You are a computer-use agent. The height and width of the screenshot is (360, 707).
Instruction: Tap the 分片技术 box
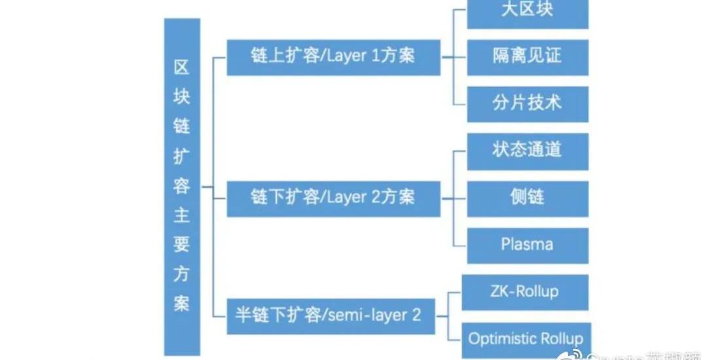527,103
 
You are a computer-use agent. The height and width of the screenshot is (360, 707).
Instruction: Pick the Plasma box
527,245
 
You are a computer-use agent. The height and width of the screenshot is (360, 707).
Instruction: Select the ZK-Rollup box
525,292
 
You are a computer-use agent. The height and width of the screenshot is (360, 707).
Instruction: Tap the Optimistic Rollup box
526,339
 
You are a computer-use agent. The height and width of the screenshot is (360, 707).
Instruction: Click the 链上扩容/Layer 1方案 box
333,57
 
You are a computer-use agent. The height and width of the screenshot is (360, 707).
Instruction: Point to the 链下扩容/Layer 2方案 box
333,198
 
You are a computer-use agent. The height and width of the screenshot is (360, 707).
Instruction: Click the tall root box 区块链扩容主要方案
181,187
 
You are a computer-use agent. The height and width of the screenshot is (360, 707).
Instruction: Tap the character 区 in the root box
181,67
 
